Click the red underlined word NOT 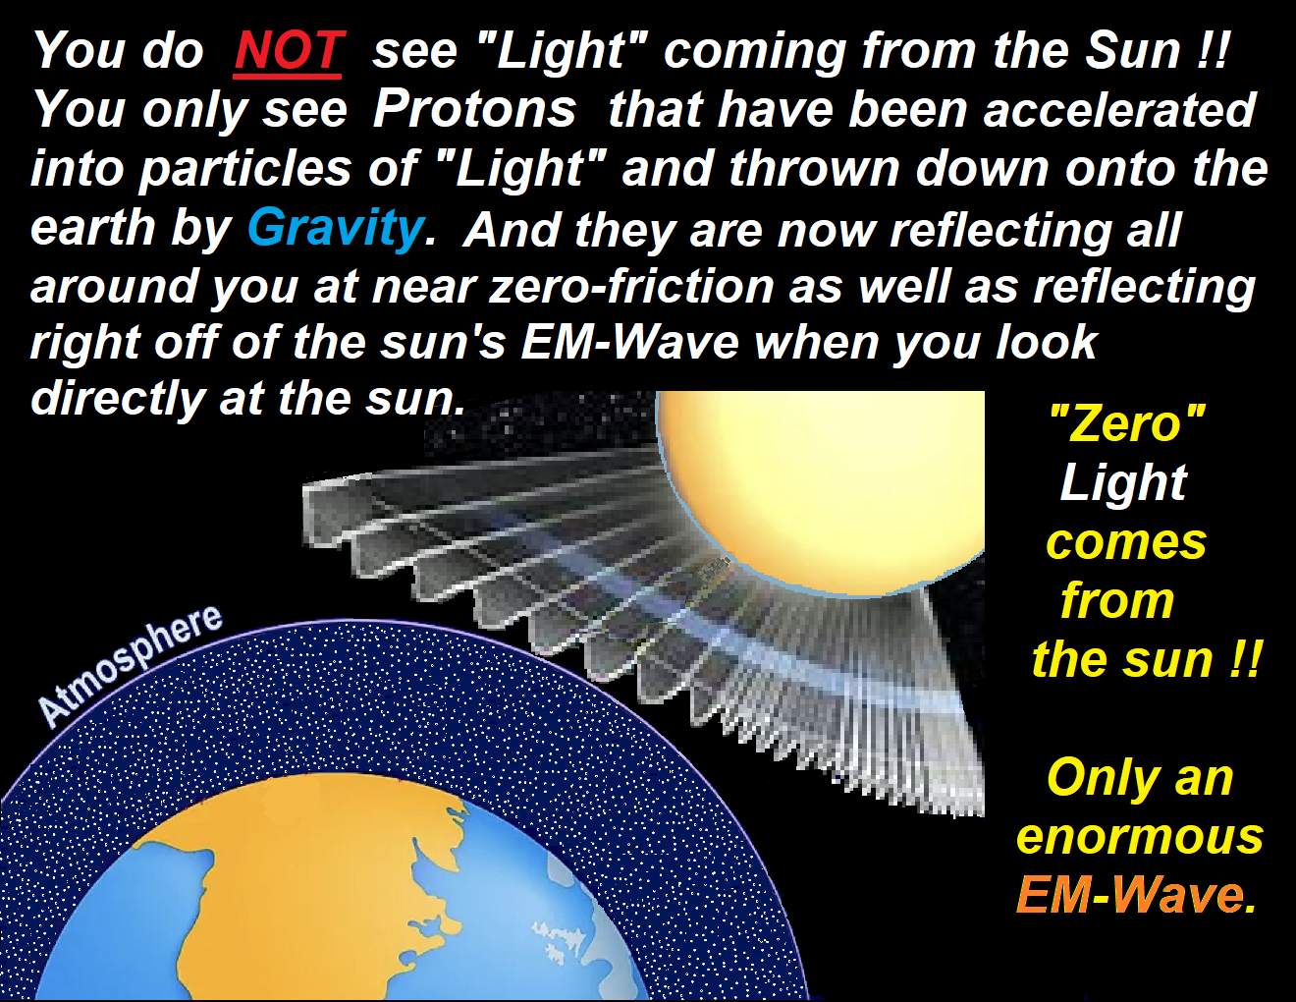pos(288,52)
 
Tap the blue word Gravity pos(336,228)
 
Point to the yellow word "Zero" pos(1127,422)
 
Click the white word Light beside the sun pos(1123,482)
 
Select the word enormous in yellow pos(1140,837)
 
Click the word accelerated pos(1119,110)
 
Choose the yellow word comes pos(1126,542)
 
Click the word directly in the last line pos(118,400)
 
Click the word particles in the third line pos(244,170)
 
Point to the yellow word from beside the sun pos(1117,600)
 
